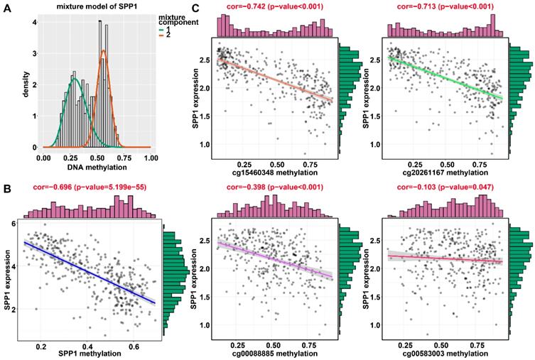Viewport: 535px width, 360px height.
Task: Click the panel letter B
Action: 6,187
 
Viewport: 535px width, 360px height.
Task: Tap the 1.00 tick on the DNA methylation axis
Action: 151,156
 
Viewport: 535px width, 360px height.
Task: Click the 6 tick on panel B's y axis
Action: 14,224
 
